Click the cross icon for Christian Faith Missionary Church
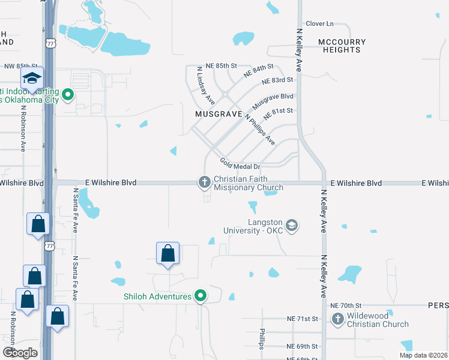click(204, 182)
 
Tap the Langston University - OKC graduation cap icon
click(292, 226)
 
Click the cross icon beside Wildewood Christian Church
click(338, 319)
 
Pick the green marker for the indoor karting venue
click(68, 94)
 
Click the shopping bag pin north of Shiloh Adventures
click(168, 254)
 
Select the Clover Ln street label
click(319, 23)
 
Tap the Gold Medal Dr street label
click(240, 164)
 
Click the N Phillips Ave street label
click(259, 130)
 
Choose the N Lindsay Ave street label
click(206, 86)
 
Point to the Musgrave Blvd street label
click(273, 100)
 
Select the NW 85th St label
click(21, 66)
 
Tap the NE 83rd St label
click(278, 80)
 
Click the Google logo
click(20, 353)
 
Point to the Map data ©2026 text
click(423, 355)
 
